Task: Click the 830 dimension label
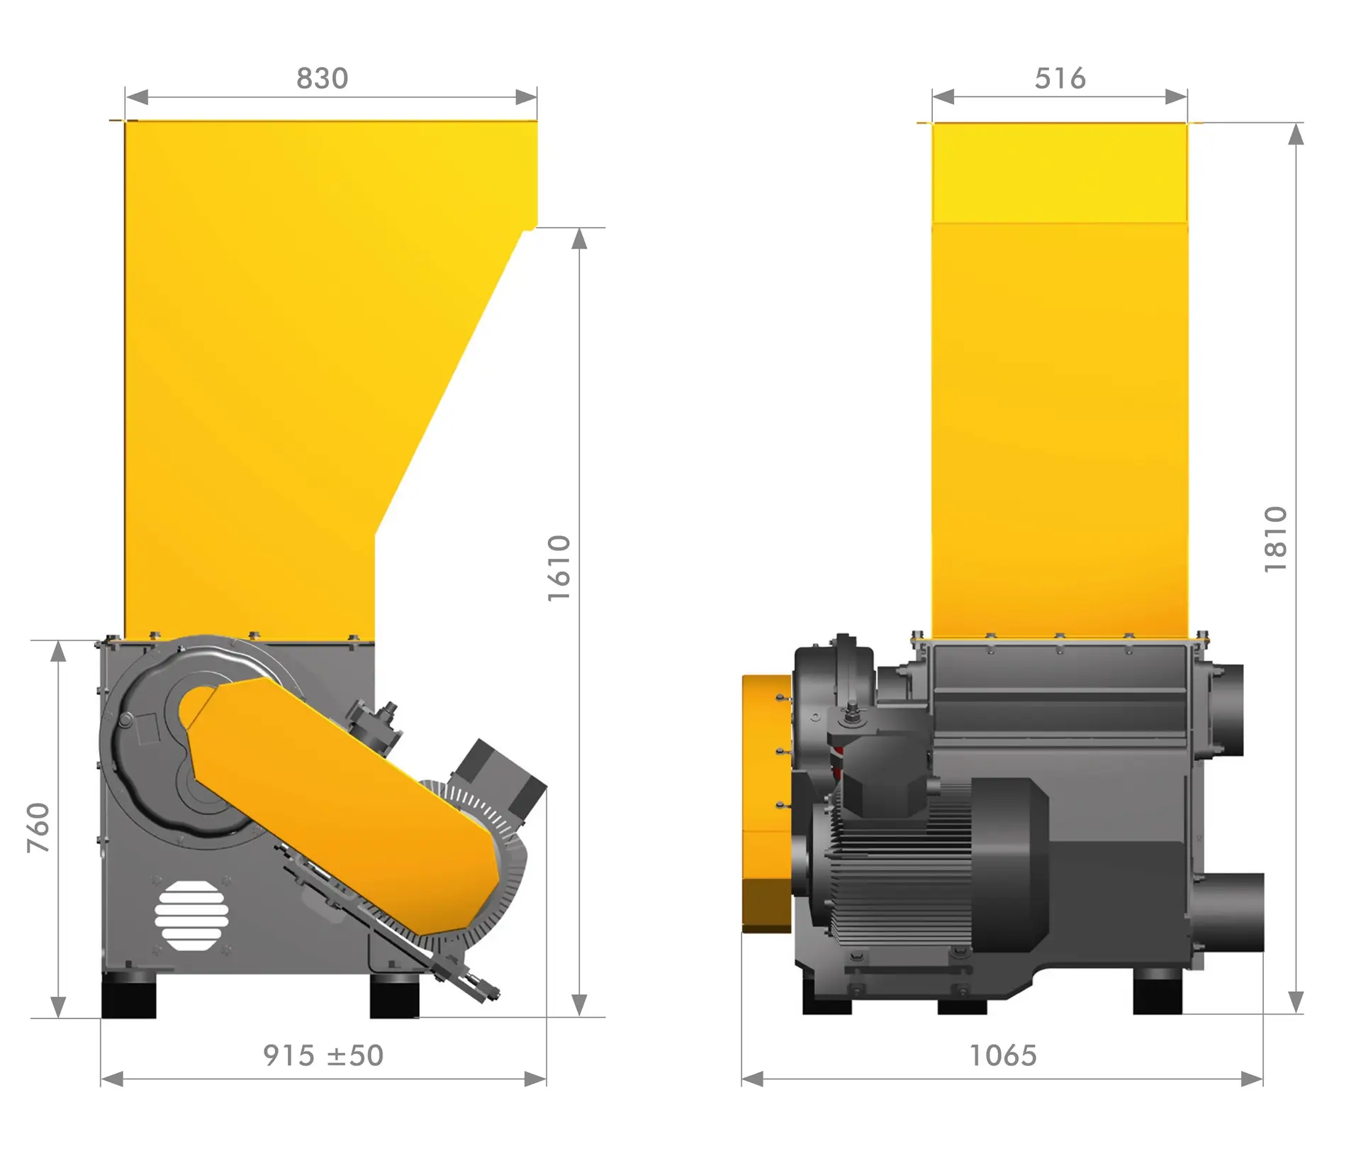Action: pyautogui.click(x=323, y=79)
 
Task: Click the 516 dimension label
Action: pyautogui.click(x=1060, y=79)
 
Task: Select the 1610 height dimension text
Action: pyautogui.click(x=559, y=568)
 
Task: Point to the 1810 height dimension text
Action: pyautogui.click(x=1275, y=539)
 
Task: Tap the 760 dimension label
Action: pyautogui.click(x=38, y=827)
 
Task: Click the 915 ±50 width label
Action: pyautogui.click(x=323, y=1055)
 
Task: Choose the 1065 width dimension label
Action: pyautogui.click(x=1003, y=1055)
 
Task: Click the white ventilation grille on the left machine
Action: pyautogui.click(x=191, y=916)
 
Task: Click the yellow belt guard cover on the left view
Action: pyautogui.click(x=347, y=805)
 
